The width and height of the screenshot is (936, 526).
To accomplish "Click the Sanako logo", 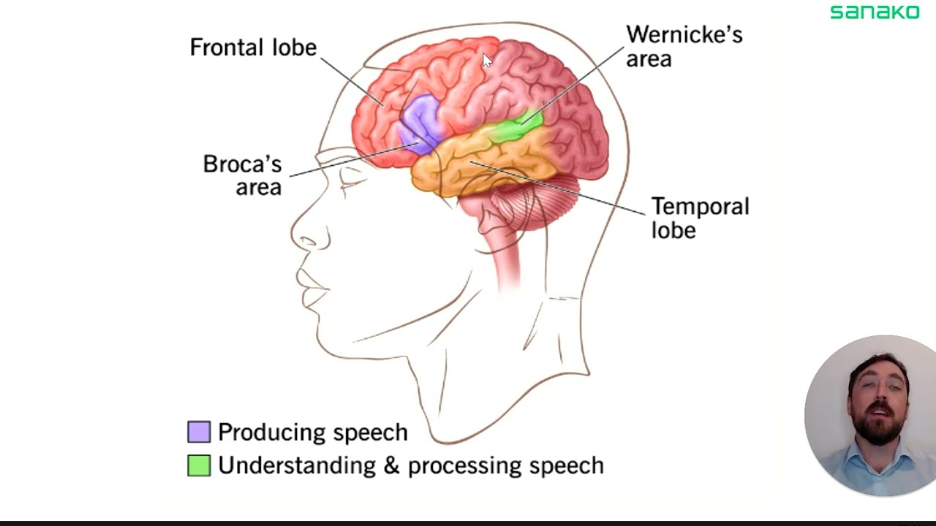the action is (875, 12).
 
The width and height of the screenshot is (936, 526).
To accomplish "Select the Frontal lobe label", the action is (253, 47).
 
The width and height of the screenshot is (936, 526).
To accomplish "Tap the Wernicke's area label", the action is (684, 46).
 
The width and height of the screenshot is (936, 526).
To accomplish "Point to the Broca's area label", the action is (243, 175).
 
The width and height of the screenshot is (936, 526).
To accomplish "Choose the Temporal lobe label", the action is (700, 218).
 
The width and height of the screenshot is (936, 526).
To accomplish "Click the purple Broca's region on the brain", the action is (421, 121).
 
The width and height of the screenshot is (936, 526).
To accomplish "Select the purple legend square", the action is (199, 432).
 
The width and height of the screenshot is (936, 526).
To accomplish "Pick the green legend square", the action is (199, 465).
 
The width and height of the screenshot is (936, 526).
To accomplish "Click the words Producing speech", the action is (312, 432).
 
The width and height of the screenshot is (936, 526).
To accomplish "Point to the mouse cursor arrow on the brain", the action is (487, 60).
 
